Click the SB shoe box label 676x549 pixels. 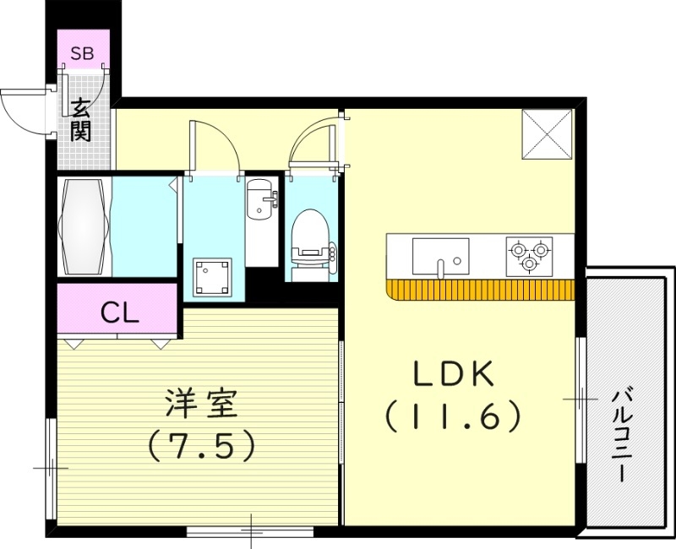click(x=82, y=54)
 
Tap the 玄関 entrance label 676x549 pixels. click(x=81, y=120)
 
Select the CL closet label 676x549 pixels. click(x=119, y=313)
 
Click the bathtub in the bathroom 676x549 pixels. click(x=84, y=226)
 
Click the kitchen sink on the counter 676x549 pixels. click(x=440, y=256)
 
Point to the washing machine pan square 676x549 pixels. click(x=210, y=277)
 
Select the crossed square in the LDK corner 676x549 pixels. click(x=547, y=134)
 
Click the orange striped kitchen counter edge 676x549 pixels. click(x=480, y=290)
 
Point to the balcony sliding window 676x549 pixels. click(x=581, y=399)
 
